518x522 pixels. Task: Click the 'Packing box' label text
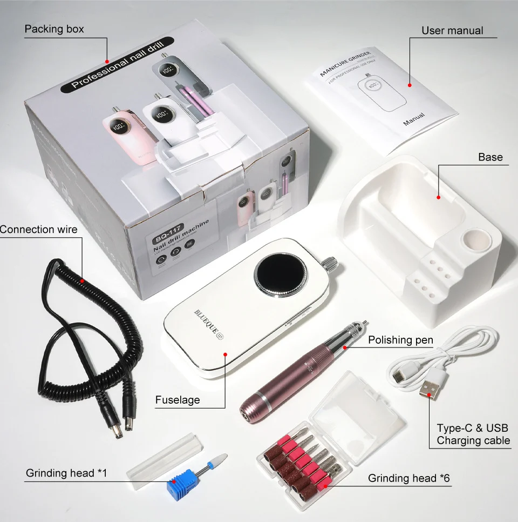(x=54, y=29)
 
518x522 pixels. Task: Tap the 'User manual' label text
(x=452, y=31)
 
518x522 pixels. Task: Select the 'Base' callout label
(x=490, y=157)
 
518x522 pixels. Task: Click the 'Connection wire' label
(x=38, y=229)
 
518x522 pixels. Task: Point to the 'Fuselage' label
(x=178, y=400)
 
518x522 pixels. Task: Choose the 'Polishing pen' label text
(x=400, y=340)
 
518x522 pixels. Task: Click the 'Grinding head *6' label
(x=410, y=478)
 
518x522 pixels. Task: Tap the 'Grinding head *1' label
(x=66, y=473)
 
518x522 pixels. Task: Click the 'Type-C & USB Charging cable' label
(x=473, y=434)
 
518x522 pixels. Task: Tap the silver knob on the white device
(x=330, y=264)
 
